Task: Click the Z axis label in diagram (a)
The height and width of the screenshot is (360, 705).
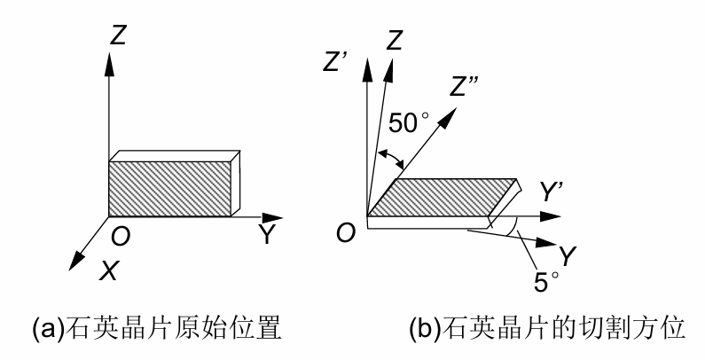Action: (x=120, y=36)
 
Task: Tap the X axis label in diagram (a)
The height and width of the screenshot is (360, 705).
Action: (x=107, y=271)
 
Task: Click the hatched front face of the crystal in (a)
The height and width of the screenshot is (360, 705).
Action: (x=168, y=187)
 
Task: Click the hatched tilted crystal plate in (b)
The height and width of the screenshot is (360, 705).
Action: (x=443, y=196)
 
